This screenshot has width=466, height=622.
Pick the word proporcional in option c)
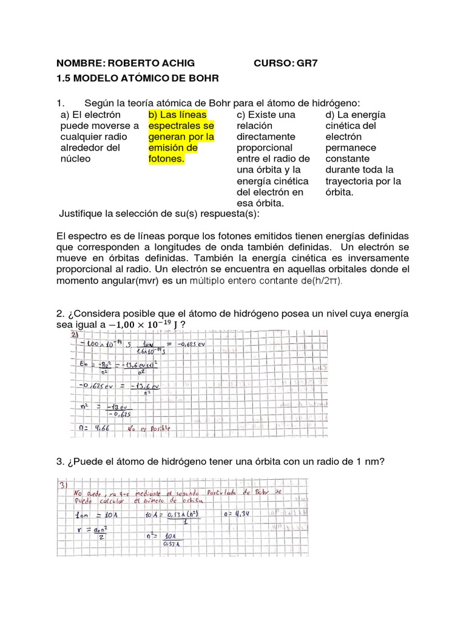pos(265,148)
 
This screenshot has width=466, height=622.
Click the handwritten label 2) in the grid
pos(75,335)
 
